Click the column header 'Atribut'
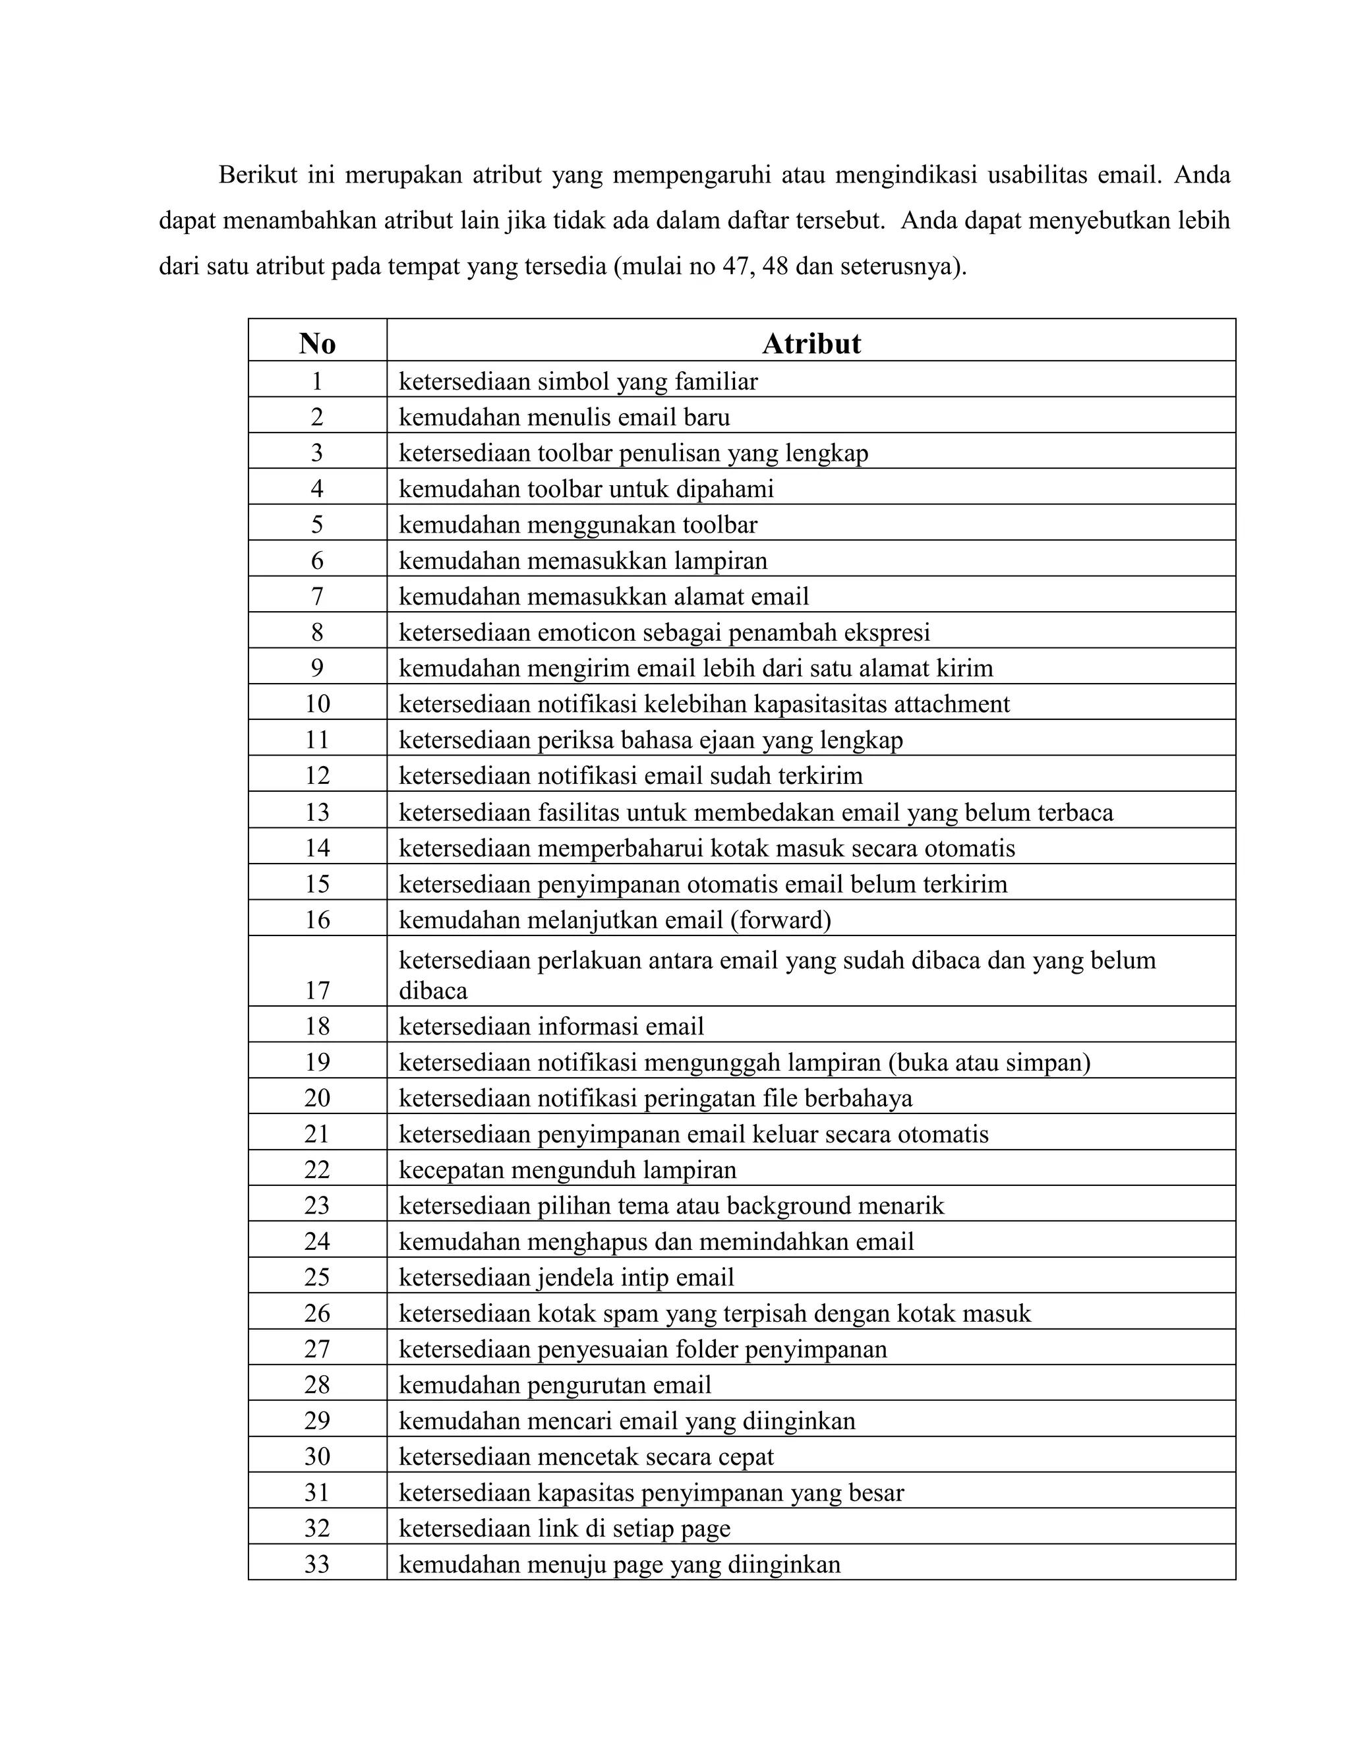click(811, 343)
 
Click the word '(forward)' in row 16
click(780, 919)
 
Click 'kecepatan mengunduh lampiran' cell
click(567, 1170)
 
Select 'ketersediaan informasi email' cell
click(551, 1026)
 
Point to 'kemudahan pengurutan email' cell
click(554, 1384)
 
